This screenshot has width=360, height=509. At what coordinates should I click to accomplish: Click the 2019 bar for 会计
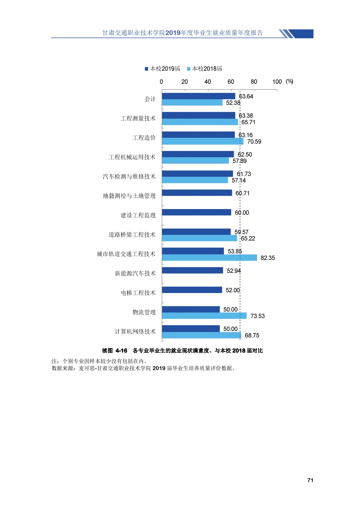click(x=198, y=96)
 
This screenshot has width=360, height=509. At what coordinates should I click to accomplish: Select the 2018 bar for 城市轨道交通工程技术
click(x=209, y=258)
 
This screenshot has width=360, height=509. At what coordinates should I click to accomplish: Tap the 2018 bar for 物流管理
click(x=204, y=316)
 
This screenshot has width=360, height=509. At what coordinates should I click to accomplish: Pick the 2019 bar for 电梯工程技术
click(x=192, y=290)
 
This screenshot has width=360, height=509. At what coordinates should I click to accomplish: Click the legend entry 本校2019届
click(x=162, y=69)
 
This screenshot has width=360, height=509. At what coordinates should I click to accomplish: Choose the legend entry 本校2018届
click(x=204, y=69)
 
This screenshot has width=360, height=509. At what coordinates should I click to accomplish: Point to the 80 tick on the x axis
click(x=254, y=82)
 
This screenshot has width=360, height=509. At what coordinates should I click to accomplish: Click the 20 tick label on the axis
click(x=184, y=82)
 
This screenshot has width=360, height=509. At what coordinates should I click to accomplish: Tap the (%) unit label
click(x=289, y=81)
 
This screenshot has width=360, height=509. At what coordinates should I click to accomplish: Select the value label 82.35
click(x=268, y=258)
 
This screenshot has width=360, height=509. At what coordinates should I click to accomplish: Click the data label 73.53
click(x=257, y=316)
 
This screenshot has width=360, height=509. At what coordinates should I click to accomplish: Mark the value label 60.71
click(x=242, y=193)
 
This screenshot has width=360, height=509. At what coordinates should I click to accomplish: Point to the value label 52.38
click(x=233, y=103)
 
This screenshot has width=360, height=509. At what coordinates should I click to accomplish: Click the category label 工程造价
click(x=144, y=138)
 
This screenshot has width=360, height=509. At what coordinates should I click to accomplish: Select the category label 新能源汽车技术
click(x=135, y=274)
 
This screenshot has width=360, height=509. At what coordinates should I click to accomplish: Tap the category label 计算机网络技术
click(x=135, y=332)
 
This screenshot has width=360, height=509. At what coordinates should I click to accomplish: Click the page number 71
click(x=310, y=480)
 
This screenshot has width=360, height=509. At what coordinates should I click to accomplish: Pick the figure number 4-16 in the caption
click(x=121, y=351)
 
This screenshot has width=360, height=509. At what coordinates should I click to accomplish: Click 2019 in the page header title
click(x=173, y=33)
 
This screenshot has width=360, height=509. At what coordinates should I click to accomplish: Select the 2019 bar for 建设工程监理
click(x=196, y=212)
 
